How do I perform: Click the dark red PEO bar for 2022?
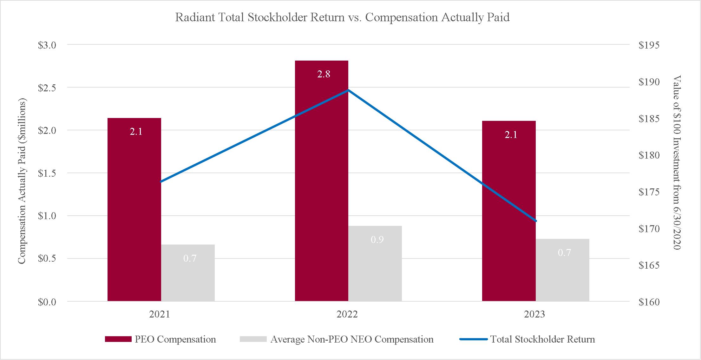322,181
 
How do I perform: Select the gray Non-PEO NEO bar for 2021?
188,273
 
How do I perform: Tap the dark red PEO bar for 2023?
509,211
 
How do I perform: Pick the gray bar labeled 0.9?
375,264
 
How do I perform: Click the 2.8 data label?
324,74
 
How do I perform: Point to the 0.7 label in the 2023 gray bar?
564,252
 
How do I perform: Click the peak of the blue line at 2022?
348,90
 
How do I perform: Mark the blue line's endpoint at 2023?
536,221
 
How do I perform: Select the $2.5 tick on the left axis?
47,88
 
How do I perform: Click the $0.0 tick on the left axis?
47,302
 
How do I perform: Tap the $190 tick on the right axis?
649,82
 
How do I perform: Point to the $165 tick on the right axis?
649,265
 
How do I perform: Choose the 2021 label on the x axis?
160,314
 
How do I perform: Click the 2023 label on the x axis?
534,314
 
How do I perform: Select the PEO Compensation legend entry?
161,339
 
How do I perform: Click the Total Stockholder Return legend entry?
527,339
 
